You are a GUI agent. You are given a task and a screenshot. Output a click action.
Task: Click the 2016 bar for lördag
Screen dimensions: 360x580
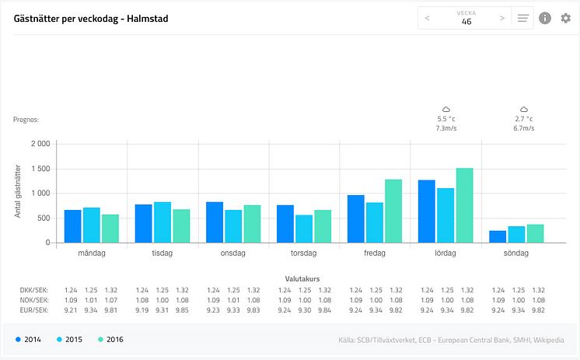464,205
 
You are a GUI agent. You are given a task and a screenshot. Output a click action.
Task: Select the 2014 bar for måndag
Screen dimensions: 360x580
72,226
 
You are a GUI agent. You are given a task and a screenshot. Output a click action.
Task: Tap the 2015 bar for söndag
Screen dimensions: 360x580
517,234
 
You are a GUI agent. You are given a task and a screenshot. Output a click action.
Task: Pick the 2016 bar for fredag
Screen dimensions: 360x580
393,211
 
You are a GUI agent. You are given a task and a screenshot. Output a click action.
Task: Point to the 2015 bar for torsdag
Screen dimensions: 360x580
303,229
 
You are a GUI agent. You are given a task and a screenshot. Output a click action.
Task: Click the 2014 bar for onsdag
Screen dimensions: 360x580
215,222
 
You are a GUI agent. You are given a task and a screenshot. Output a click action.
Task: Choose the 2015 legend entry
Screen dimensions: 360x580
69,339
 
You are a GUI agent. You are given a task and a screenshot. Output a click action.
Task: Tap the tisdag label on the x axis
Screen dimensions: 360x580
162,253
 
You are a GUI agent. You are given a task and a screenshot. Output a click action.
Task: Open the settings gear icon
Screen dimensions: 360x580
565,18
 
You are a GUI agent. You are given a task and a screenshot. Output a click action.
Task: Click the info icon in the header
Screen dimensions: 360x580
545,18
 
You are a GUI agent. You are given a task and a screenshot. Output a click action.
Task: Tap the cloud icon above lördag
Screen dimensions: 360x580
446,110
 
